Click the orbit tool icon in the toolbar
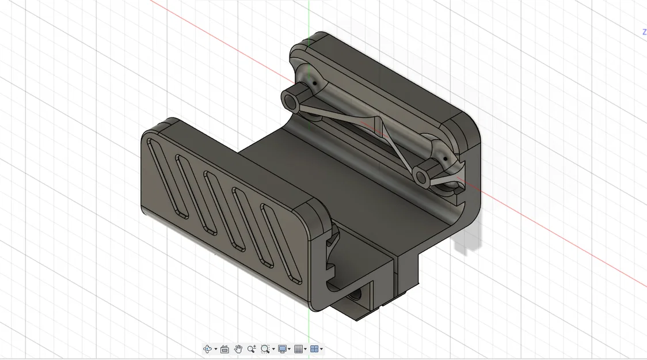tap(207, 349)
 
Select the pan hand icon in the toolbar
tap(238, 349)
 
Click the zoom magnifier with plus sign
tap(252, 349)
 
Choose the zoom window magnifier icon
tap(265, 349)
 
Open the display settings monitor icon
tap(282, 349)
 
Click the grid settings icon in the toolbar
tap(298, 349)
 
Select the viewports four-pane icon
tap(314, 349)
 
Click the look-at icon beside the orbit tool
tap(224, 349)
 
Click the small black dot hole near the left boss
tap(315, 84)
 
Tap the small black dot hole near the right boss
tap(444, 159)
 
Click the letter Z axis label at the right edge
tap(644, 32)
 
